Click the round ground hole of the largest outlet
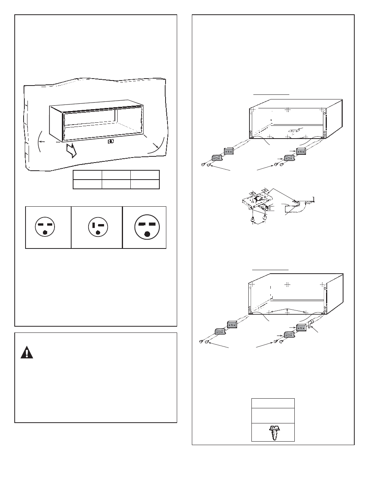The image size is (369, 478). point(147,233)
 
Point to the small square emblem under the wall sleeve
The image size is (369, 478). point(111,141)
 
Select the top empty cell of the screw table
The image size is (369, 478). point(273,403)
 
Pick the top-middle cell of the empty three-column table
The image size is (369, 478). point(116,175)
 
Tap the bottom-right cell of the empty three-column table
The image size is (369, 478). point(145,184)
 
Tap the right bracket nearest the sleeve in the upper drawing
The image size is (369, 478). point(302,151)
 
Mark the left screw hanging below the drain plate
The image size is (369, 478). point(253,220)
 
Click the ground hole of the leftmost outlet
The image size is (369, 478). point(45,233)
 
